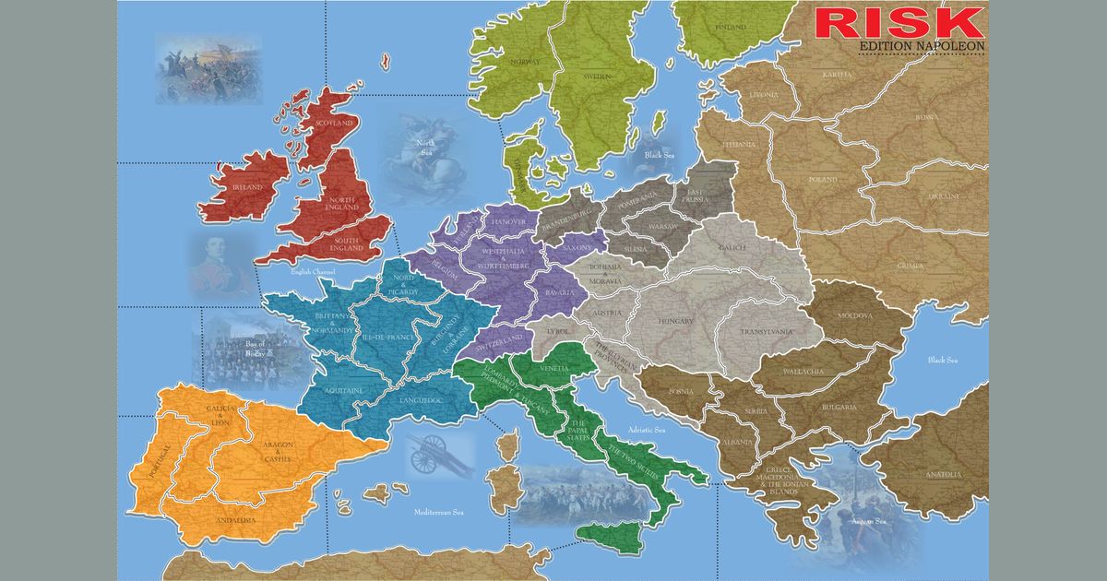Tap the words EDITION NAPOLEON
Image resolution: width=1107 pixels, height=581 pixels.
click(x=909, y=45)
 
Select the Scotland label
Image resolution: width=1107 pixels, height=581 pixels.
click(x=335, y=123)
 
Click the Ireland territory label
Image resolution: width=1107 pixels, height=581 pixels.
click(x=248, y=187)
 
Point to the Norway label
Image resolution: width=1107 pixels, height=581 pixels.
click(x=525, y=62)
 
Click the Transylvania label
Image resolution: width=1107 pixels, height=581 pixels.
click(x=768, y=332)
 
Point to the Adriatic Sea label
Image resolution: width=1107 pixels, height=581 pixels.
click(x=646, y=430)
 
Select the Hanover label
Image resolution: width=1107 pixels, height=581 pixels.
click(x=509, y=222)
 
